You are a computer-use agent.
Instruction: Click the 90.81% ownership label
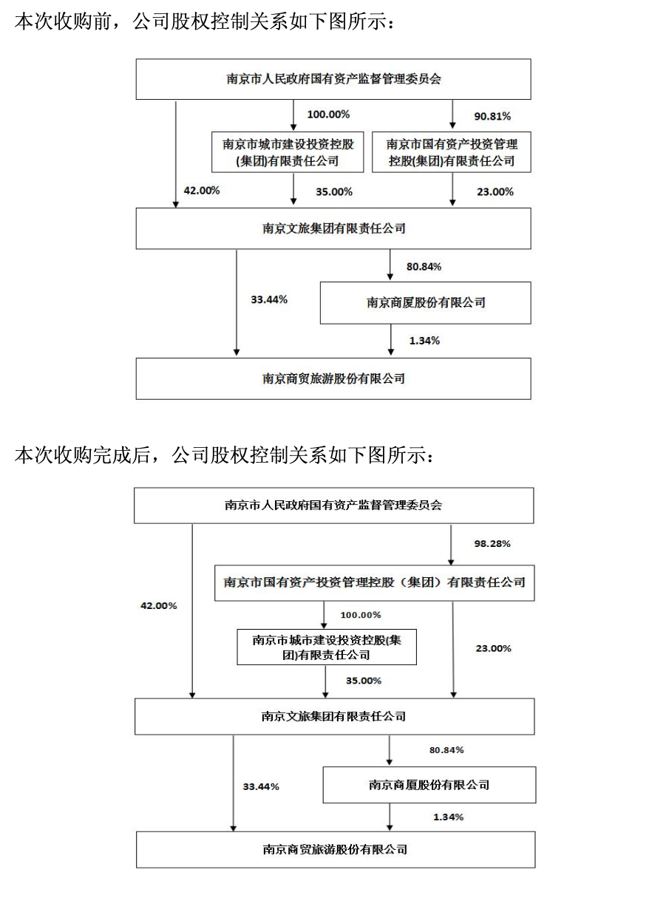pos(492,117)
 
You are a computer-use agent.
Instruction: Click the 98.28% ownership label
pos(492,543)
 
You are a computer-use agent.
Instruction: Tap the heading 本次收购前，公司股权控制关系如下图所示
pos(205,21)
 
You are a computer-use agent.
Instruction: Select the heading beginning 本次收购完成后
pos(224,455)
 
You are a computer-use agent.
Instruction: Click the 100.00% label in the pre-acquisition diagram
pos(328,115)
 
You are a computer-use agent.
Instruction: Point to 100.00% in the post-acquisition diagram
pos(361,615)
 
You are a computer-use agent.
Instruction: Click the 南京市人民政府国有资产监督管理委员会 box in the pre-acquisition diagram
pos(333,79)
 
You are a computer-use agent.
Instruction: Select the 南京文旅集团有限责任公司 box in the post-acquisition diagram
pos(334,717)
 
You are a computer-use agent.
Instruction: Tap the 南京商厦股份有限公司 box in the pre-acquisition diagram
pos(426,302)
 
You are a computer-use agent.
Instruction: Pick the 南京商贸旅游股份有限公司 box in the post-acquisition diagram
pos(336,849)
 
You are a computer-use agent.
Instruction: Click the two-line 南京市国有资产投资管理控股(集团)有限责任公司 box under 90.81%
pos(451,152)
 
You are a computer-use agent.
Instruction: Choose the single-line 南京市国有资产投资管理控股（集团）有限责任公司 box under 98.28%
pos(374,582)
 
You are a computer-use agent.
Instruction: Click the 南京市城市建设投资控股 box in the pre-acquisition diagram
pos(288,152)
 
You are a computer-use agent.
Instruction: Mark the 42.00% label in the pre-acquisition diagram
pos(202,191)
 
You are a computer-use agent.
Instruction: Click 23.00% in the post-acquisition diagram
pos(494,648)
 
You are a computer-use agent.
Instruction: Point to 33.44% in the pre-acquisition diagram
pos(269,299)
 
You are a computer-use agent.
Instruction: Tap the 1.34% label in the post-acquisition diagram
pos(449,817)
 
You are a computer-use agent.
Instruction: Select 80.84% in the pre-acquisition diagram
pos(424,267)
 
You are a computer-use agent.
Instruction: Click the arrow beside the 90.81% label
pos(452,114)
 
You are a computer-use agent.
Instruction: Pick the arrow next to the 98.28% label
pos(451,545)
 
